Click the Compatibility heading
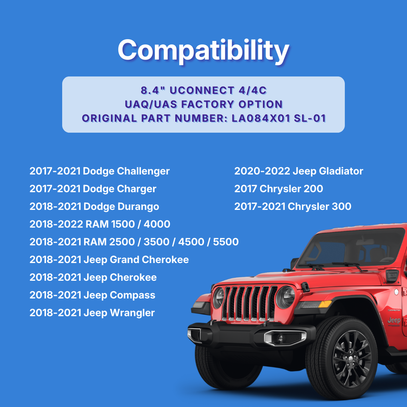203,50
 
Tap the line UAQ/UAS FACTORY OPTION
203,104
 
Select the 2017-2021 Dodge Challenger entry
99,171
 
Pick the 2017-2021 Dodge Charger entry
93,189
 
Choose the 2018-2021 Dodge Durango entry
94,207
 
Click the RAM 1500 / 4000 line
100,224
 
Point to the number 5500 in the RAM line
226,242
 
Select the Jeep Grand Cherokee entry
109,260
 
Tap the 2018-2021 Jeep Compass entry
92,295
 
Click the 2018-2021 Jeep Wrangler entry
92,313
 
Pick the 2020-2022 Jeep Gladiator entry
298,171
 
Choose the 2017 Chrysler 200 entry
278,189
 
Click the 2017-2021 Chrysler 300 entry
292,207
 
